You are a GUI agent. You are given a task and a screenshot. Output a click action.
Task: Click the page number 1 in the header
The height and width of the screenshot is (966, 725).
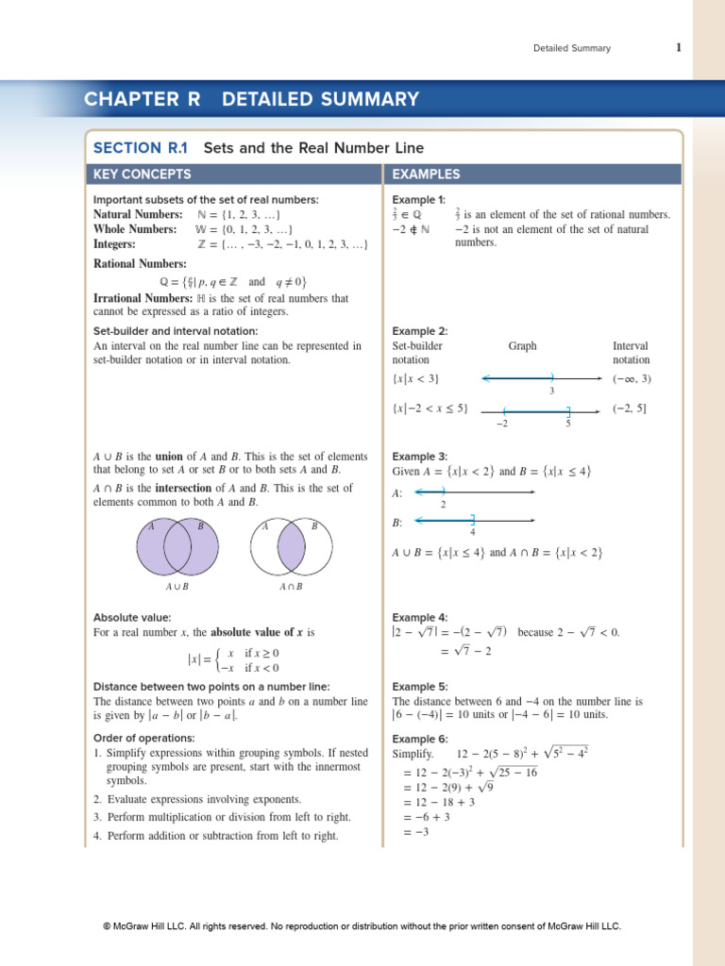(678, 48)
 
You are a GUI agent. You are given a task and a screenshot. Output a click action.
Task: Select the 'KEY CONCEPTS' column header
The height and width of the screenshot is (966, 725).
(142, 175)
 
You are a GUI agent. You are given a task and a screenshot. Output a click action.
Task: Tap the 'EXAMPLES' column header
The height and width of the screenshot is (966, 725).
(427, 175)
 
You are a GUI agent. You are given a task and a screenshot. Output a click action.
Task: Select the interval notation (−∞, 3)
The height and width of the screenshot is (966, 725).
(632, 379)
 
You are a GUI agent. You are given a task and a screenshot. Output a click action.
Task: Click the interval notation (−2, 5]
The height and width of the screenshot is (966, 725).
(630, 408)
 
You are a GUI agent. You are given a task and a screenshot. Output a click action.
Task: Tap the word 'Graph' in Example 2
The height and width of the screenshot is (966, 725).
(522, 346)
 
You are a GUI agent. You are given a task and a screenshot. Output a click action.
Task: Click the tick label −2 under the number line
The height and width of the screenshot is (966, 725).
(502, 424)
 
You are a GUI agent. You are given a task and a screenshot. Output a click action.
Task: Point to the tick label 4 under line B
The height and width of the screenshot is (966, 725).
(472, 532)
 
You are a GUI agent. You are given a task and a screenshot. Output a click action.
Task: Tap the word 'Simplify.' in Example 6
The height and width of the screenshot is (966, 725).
(413, 755)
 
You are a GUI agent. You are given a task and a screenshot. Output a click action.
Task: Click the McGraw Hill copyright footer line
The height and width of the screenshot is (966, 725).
(362, 926)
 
